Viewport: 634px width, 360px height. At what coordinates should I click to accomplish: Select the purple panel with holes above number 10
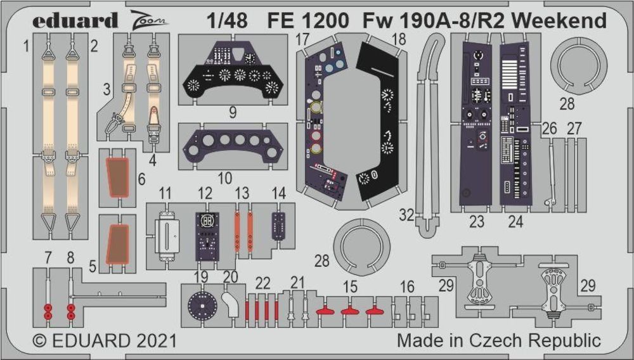[x=232, y=145]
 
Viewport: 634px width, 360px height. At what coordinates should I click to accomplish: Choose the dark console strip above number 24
[x=515, y=120]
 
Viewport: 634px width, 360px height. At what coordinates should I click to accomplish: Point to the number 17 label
[x=302, y=39]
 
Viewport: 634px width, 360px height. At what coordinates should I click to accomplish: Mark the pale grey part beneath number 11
[x=167, y=234]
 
